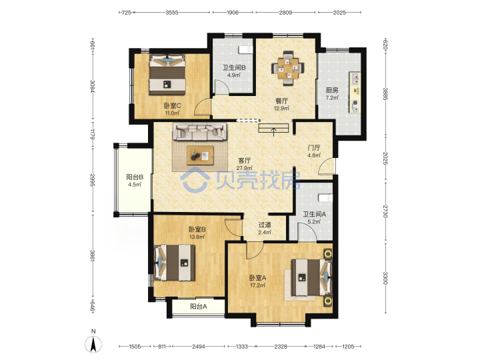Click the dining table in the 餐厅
pos(287,67)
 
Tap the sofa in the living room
pos(200,131)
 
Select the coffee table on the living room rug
pos(201,155)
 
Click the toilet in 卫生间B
pos(245,49)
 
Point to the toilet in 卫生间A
pos(325,197)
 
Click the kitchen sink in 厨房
pos(355,79)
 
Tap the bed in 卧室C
pos(167,75)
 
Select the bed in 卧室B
pos(175,263)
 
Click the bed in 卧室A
pos(311,277)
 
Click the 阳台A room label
pos(199,306)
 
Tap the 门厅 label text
pos(314,148)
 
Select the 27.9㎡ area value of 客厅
pos(244,168)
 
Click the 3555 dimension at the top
pos(172,13)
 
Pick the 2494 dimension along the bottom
pos(199,347)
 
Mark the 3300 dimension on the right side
pos(385,278)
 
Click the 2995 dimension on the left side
pos(93,180)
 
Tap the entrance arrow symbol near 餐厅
pos(274,131)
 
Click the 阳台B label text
pos(135,177)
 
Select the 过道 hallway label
pos(265,225)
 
